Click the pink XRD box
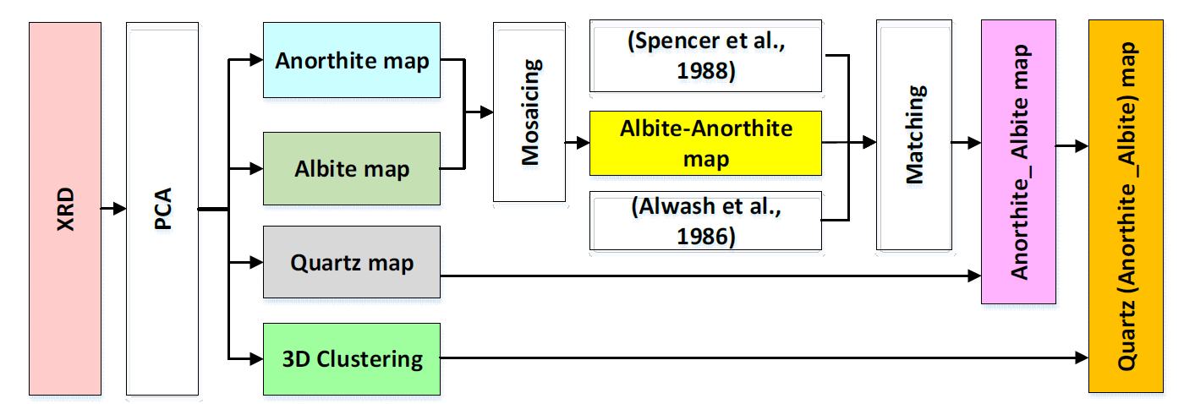(x=65, y=209)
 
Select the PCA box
(x=162, y=209)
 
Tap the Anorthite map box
(x=352, y=60)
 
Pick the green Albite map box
(x=352, y=168)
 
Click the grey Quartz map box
(x=352, y=262)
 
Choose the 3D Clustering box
(x=352, y=359)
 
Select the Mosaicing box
(x=529, y=112)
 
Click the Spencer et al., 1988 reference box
(x=705, y=56)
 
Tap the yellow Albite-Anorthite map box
(x=705, y=143)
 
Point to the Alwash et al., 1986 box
(x=705, y=221)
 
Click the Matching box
(x=914, y=135)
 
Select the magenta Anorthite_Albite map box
(x=1018, y=161)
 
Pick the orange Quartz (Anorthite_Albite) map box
(x=1126, y=206)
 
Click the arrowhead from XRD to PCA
(x=119, y=209)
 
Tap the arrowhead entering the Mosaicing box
(x=486, y=112)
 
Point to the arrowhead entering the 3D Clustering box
(x=256, y=359)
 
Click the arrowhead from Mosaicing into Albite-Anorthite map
(x=583, y=142)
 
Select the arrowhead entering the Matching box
(x=869, y=142)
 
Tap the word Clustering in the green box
(x=370, y=360)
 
